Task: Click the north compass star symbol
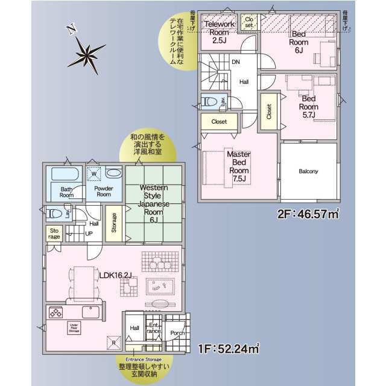84,54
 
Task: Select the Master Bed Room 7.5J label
238,166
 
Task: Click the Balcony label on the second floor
308,171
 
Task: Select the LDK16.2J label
116,276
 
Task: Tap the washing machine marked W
93,175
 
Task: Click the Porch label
177,333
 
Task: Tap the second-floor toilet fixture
210,101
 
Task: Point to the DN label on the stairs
236,62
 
